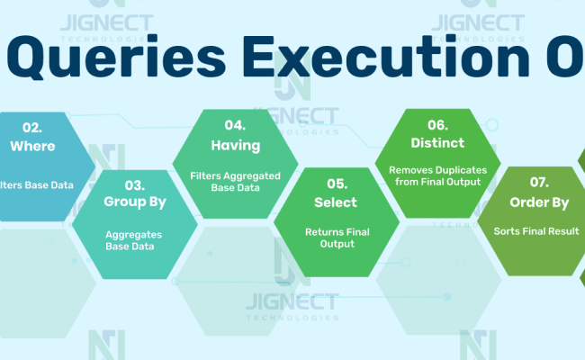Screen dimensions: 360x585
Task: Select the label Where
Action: [32, 145]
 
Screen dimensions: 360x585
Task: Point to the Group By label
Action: [135, 202]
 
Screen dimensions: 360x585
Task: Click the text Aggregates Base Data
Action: [135, 239]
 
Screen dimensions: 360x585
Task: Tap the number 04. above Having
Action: [235, 125]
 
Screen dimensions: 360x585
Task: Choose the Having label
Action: [235, 145]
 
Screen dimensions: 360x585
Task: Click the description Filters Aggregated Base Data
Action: [235, 182]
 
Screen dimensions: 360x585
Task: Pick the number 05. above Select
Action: [336, 184]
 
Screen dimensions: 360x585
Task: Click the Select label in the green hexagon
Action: [336, 202]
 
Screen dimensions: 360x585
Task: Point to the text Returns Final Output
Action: [336, 238]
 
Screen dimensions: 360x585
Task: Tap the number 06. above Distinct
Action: [436, 125]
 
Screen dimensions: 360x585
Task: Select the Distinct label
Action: [436, 143]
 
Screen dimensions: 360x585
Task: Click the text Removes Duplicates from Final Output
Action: [436, 175]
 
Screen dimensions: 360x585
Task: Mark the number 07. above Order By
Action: [538, 184]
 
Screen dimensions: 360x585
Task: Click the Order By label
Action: [538, 202]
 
